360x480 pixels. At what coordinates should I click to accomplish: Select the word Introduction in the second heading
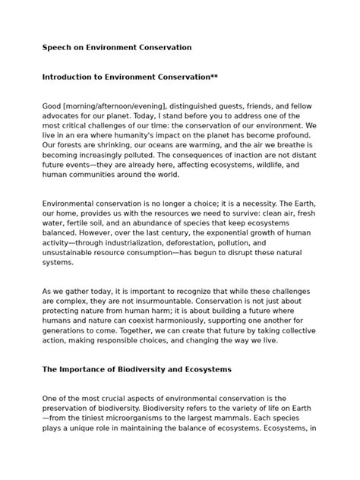71,77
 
